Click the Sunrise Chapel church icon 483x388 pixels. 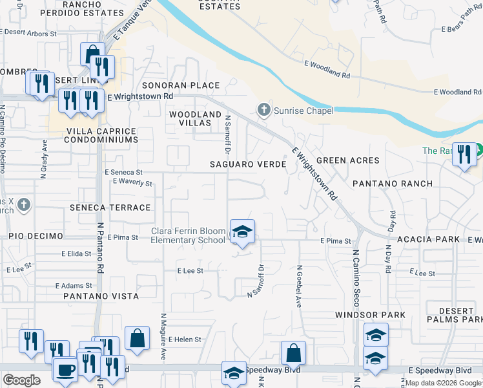[x=263, y=111]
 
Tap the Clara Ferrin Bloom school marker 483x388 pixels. [x=242, y=232]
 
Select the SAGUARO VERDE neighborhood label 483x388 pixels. [x=249, y=165]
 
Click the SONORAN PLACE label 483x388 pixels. [x=181, y=85]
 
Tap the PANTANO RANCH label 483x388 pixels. [x=393, y=184]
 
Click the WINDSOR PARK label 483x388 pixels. [x=369, y=315]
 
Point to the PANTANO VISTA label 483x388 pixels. [x=101, y=296]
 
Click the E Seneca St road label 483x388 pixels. [x=123, y=173]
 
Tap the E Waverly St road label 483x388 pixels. [x=132, y=183]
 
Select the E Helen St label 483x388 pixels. [x=185, y=339]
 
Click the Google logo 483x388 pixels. [x=22, y=380]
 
